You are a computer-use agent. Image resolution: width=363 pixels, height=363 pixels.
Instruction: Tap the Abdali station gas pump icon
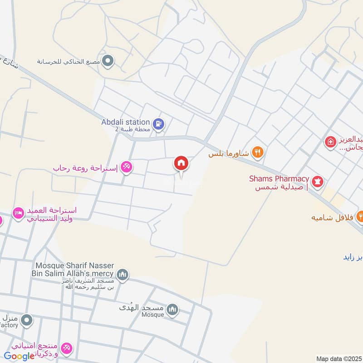coord(158,123)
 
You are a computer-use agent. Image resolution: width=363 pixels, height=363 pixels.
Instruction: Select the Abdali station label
coord(126,122)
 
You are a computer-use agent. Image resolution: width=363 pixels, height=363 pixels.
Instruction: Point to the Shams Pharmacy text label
coord(279,179)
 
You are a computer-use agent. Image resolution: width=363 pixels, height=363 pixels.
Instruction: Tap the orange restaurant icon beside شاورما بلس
coord(258,152)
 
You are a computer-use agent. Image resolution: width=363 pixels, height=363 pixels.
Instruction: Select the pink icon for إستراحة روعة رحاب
coord(127,167)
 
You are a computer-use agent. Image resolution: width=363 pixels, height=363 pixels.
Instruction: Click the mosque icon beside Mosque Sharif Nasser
coord(123,275)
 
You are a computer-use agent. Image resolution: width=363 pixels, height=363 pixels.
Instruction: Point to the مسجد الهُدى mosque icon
coord(172,310)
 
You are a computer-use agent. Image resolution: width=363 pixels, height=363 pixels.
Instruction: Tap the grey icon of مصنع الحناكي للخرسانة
coord(108,60)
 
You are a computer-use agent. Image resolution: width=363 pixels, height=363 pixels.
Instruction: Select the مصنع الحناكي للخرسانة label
coord(69,60)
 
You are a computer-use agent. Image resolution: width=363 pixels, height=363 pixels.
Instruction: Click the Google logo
coord(19,356)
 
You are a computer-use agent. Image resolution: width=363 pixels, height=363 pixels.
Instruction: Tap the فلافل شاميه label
coord(332,217)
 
